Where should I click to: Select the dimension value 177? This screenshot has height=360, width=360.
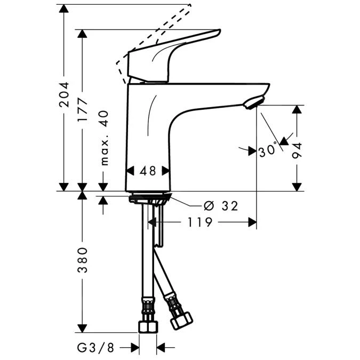click(82, 110)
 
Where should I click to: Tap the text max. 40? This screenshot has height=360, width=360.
click(103, 138)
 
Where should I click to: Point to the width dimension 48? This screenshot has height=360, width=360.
click(148, 171)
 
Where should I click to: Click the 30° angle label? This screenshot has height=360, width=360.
click(268, 150)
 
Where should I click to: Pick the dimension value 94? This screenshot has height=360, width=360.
click(298, 150)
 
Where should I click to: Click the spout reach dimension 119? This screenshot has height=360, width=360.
click(201, 222)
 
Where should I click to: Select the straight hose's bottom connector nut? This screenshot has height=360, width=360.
click(148, 326)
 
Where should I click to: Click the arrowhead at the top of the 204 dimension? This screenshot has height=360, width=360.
click(64, 9)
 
